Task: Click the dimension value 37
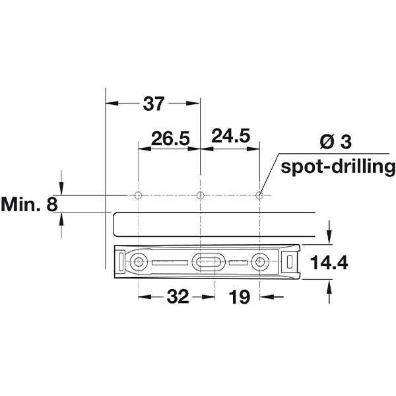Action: coord(154,104)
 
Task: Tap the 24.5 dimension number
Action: coord(230,137)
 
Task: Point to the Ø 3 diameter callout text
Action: coord(338,141)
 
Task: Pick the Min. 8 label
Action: coord(29,204)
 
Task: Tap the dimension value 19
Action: coord(240,297)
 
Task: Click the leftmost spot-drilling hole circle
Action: coord(138,195)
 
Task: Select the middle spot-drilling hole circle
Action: coord(200,195)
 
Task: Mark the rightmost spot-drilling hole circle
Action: coord(259,195)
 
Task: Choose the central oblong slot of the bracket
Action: coord(207,262)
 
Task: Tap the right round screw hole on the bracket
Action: coord(259,263)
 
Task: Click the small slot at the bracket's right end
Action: coord(291,262)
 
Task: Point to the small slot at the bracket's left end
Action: coord(120,262)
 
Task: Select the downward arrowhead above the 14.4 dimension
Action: coord(330,240)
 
